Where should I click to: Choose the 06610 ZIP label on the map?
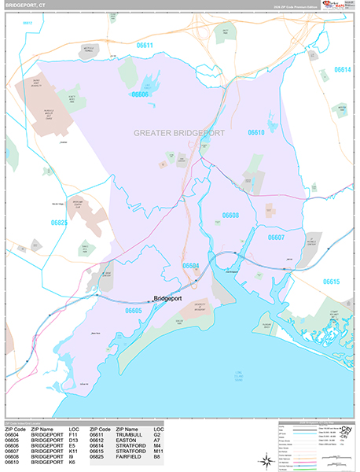pyautogui.click(x=255, y=133)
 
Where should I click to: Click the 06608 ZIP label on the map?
pyautogui.click(x=230, y=215)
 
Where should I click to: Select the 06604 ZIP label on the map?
pyautogui.click(x=191, y=266)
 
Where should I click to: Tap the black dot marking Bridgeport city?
pyautogui.click(x=150, y=299)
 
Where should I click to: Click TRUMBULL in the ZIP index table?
pyautogui.click(x=130, y=433)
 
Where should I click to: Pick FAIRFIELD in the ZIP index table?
pyautogui.click(x=130, y=458)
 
